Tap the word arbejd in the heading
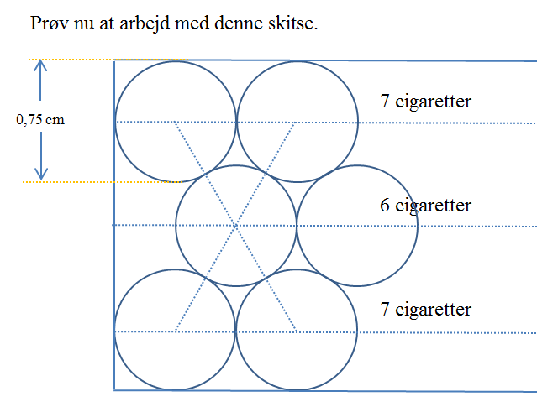145,24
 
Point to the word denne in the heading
239,23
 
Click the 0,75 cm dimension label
40,119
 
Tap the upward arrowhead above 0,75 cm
40,65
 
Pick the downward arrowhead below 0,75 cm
41,175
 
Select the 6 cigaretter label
426,206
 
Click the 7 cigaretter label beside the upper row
426,102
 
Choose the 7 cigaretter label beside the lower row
426,309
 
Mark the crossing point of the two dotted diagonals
235,226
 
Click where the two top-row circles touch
236,123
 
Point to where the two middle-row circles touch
297,226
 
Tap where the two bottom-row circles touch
236,331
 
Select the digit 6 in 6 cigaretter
385,206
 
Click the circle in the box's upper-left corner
176,61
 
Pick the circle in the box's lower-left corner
175,270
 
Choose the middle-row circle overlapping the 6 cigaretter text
357,166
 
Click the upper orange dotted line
108,60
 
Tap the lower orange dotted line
102,182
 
